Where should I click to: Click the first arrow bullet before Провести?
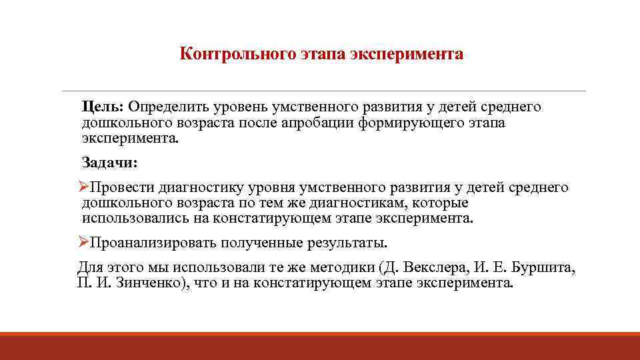[83, 187]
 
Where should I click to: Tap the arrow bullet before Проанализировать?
[83, 241]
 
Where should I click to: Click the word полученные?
[265, 241]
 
